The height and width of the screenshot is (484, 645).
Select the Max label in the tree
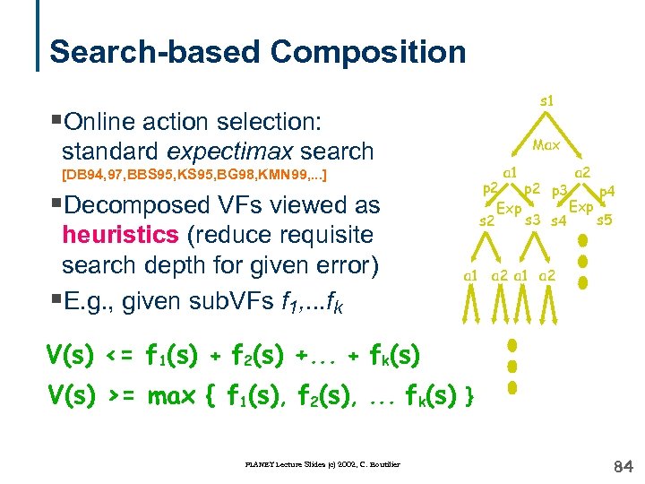(546, 143)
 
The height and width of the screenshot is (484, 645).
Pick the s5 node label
(604, 220)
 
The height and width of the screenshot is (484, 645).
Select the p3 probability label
(562, 190)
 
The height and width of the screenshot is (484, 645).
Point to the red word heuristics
(119, 236)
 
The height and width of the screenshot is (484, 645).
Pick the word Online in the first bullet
(99, 120)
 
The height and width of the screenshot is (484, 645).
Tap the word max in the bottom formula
(173, 395)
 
